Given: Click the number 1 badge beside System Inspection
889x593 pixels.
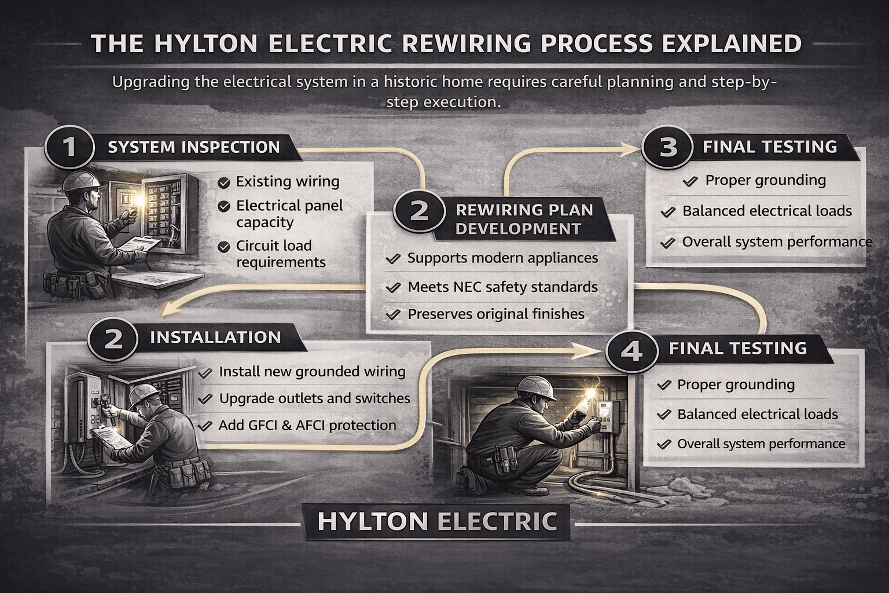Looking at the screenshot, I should [69, 147].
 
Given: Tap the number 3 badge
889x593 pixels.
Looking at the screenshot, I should [668, 147].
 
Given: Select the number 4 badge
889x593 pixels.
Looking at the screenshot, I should [631, 350].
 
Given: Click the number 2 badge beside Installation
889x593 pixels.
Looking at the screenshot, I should [113, 338].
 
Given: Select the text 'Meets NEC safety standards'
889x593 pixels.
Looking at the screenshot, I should [502, 287].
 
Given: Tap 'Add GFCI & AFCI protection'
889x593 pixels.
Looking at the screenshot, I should [307, 426].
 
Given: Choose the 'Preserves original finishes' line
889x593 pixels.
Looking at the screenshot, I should [496, 314].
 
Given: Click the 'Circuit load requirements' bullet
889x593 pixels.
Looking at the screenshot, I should [281, 254].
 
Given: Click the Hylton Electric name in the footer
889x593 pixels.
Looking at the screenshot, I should [437, 522].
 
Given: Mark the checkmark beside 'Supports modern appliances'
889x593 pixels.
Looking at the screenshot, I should [393, 259].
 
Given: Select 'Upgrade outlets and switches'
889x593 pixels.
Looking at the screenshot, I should [314, 398].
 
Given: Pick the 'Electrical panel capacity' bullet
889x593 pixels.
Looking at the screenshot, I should [289, 214].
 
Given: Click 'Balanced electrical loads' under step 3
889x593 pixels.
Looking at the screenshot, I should [767, 211].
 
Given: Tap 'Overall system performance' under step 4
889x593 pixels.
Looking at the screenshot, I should [761, 444].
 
